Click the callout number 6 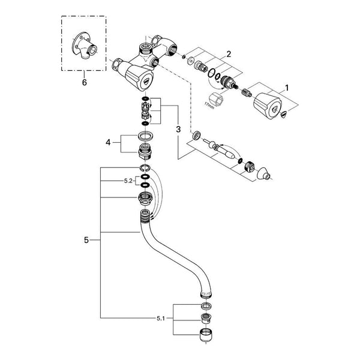85,82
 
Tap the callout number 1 287,88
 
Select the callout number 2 229,54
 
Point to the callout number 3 178,129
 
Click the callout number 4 108,143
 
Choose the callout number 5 86,240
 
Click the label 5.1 161,319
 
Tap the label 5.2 128,181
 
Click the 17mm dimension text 209,106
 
